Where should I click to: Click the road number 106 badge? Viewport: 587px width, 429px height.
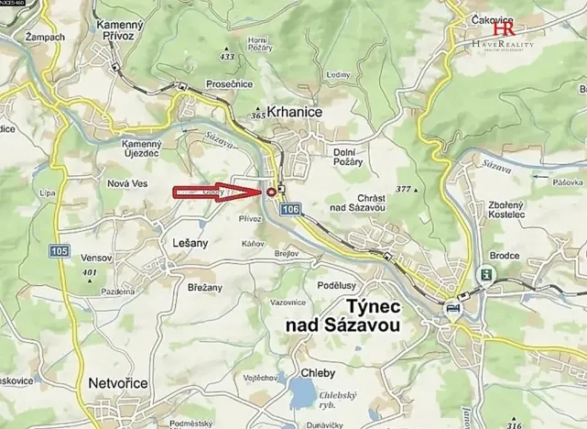290,211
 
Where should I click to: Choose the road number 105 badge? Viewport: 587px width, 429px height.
60,250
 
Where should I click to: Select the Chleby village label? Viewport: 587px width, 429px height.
318,373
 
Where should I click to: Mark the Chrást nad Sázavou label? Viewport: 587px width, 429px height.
358,203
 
